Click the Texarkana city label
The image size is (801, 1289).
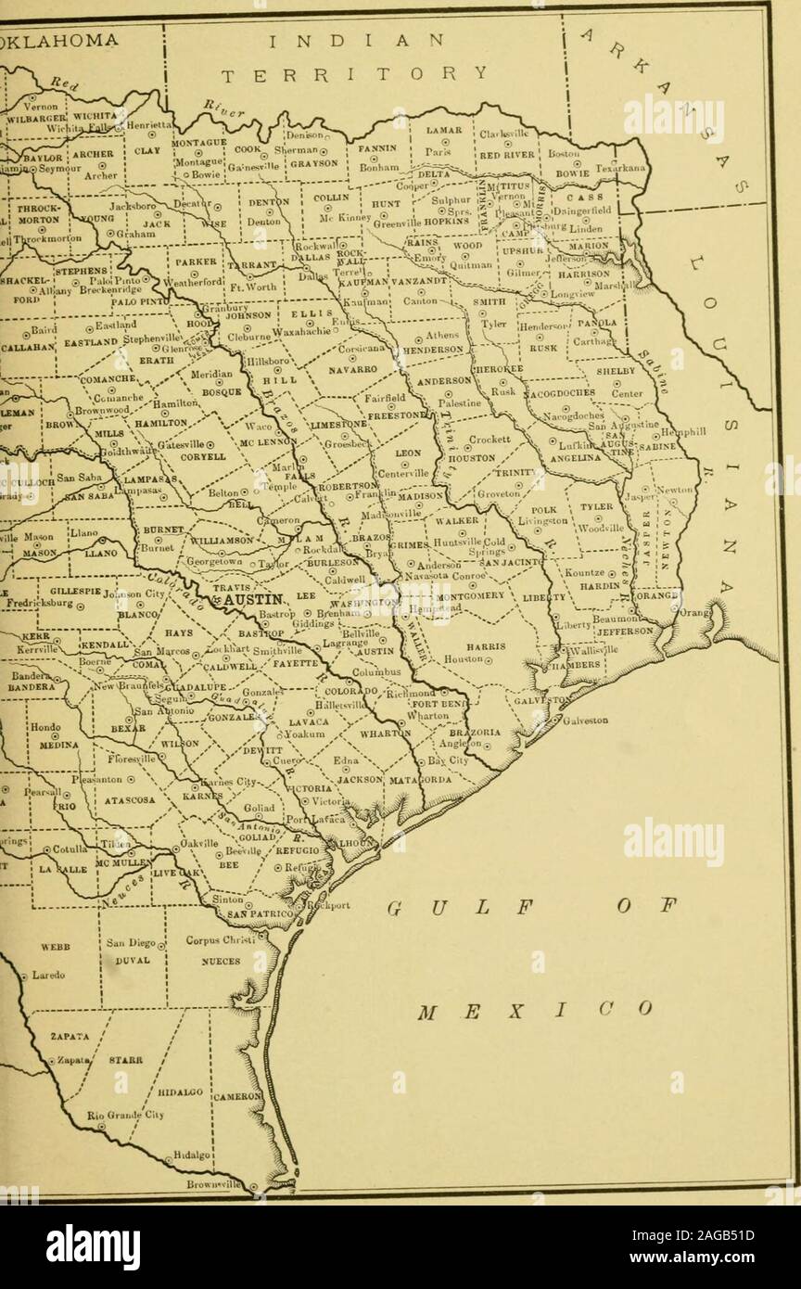(x=614, y=170)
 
